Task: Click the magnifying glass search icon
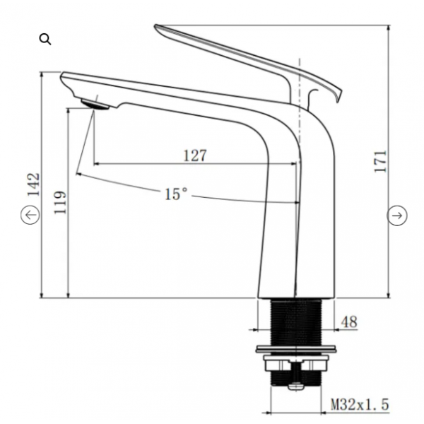pos(45,39)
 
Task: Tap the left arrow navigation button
pos(30,215)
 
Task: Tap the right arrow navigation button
pos(397,216)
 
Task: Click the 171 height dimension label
pos(380,161)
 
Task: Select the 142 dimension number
pos(33,184)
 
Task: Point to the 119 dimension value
pos(60,203)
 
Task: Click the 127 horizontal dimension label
pos(195,155)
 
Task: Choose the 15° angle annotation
pos(176,194)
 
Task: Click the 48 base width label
pos(349,322)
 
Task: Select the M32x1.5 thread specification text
pos(360,404)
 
